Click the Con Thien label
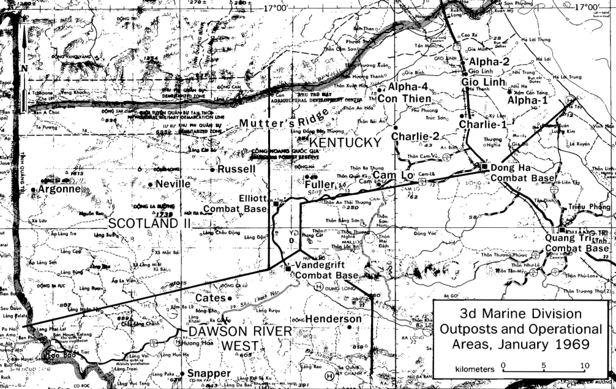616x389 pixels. coord(404,99)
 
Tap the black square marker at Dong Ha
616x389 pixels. coord(484,166)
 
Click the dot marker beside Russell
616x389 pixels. coord(212,169)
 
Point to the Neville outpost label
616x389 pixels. coord(173,184)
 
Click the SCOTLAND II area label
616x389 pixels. coord(151,223)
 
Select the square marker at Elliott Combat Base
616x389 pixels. coord(276,205)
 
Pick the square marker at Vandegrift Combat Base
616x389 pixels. coord(288,267)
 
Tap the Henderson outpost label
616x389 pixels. coord(333,319)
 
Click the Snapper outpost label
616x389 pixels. coord(209,373)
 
